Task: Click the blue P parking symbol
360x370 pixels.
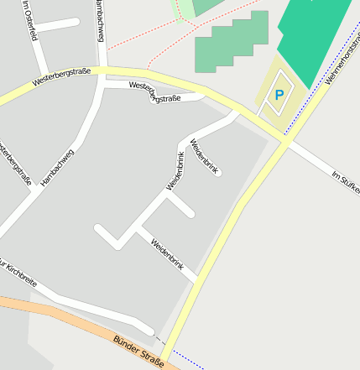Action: pyautogui.click(x=279, y=96)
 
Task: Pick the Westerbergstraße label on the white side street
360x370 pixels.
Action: pyautogui.click(x=155, y=91)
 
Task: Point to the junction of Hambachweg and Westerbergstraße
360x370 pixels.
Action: pyautogui.click(x=102, y=73)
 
